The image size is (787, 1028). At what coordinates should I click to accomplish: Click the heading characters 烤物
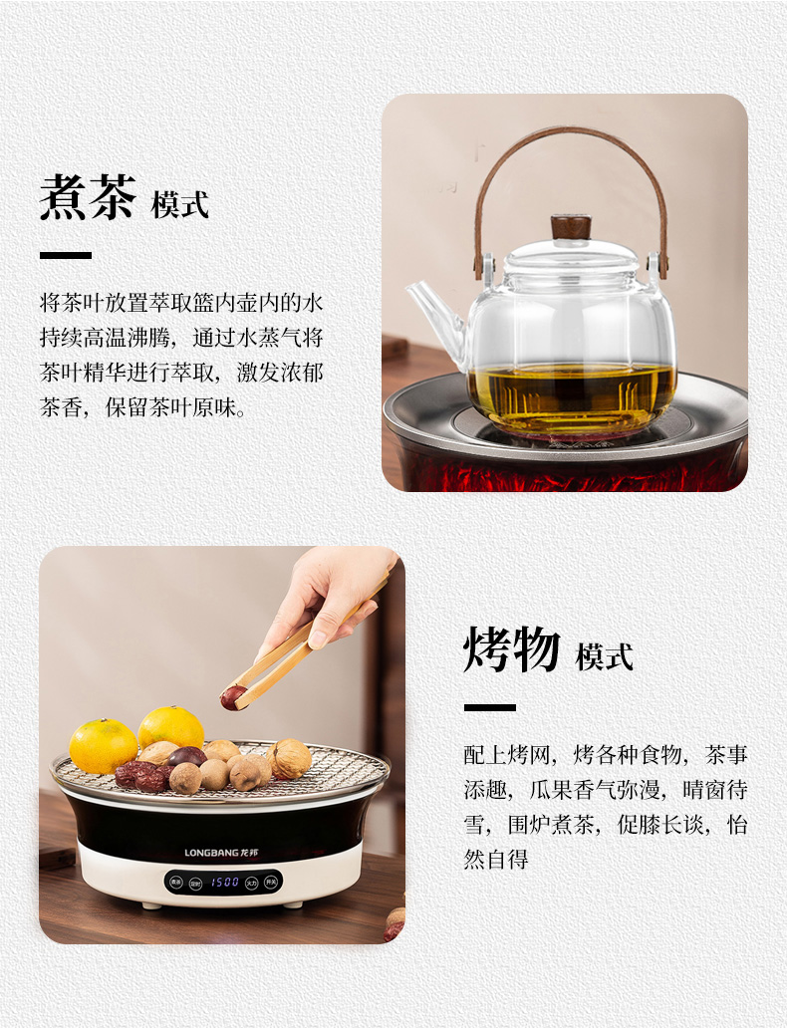click(x=512, y=649)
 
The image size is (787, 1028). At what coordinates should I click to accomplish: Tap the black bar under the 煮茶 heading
click(x=66, y=255)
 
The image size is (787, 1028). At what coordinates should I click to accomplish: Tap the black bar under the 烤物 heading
click(x=490, y=707)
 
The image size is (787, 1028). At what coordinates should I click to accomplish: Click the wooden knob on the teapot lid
click(x=571, y=227)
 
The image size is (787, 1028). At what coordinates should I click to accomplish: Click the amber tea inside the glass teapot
click(x=571, y=392)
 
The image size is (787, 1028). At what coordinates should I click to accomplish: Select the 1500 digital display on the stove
click(x=224, y=883)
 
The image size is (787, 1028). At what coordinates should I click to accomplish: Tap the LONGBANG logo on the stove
click(x=221, y=853)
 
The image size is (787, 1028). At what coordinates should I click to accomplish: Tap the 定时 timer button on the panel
click(x=195, y=884)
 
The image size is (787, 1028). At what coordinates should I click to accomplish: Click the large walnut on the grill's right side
click(x=289, y=758)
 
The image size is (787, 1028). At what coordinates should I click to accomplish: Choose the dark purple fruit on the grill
click(x=187, y=756)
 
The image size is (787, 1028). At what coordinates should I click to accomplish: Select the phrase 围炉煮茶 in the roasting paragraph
click(x=551, y=825)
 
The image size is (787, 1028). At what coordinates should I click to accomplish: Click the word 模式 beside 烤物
click(x=604, y=656)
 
